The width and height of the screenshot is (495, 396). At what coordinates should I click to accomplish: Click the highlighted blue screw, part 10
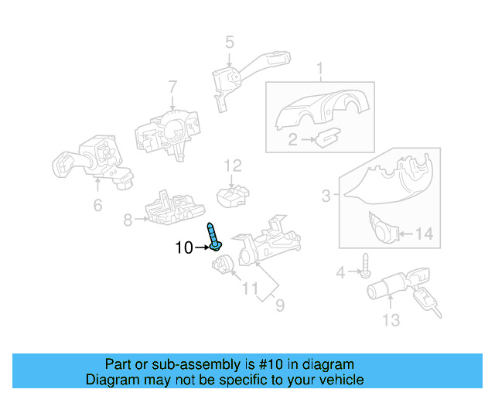pos(213,237)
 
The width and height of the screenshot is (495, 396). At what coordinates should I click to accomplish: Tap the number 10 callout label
pos(184,247)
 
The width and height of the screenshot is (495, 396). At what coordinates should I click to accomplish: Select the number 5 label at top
pos(230,42)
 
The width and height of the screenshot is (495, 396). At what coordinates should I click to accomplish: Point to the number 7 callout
pos(172,87)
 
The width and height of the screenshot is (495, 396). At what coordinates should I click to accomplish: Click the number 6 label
pos(97,205)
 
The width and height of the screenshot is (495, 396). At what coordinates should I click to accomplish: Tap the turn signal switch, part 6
pos(89,162)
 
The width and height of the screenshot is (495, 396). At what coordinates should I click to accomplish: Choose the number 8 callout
pos(128,220)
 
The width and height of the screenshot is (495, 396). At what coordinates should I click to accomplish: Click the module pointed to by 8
pos(174,208)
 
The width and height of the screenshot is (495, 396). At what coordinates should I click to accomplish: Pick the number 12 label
pos(233,166)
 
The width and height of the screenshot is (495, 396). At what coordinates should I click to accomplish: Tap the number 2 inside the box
pos(293,139)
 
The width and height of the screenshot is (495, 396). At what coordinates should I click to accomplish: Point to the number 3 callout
pos(326,196)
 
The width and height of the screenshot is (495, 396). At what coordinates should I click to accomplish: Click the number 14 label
pos(425,234)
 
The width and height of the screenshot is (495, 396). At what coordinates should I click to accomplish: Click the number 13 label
pos(391,319)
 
